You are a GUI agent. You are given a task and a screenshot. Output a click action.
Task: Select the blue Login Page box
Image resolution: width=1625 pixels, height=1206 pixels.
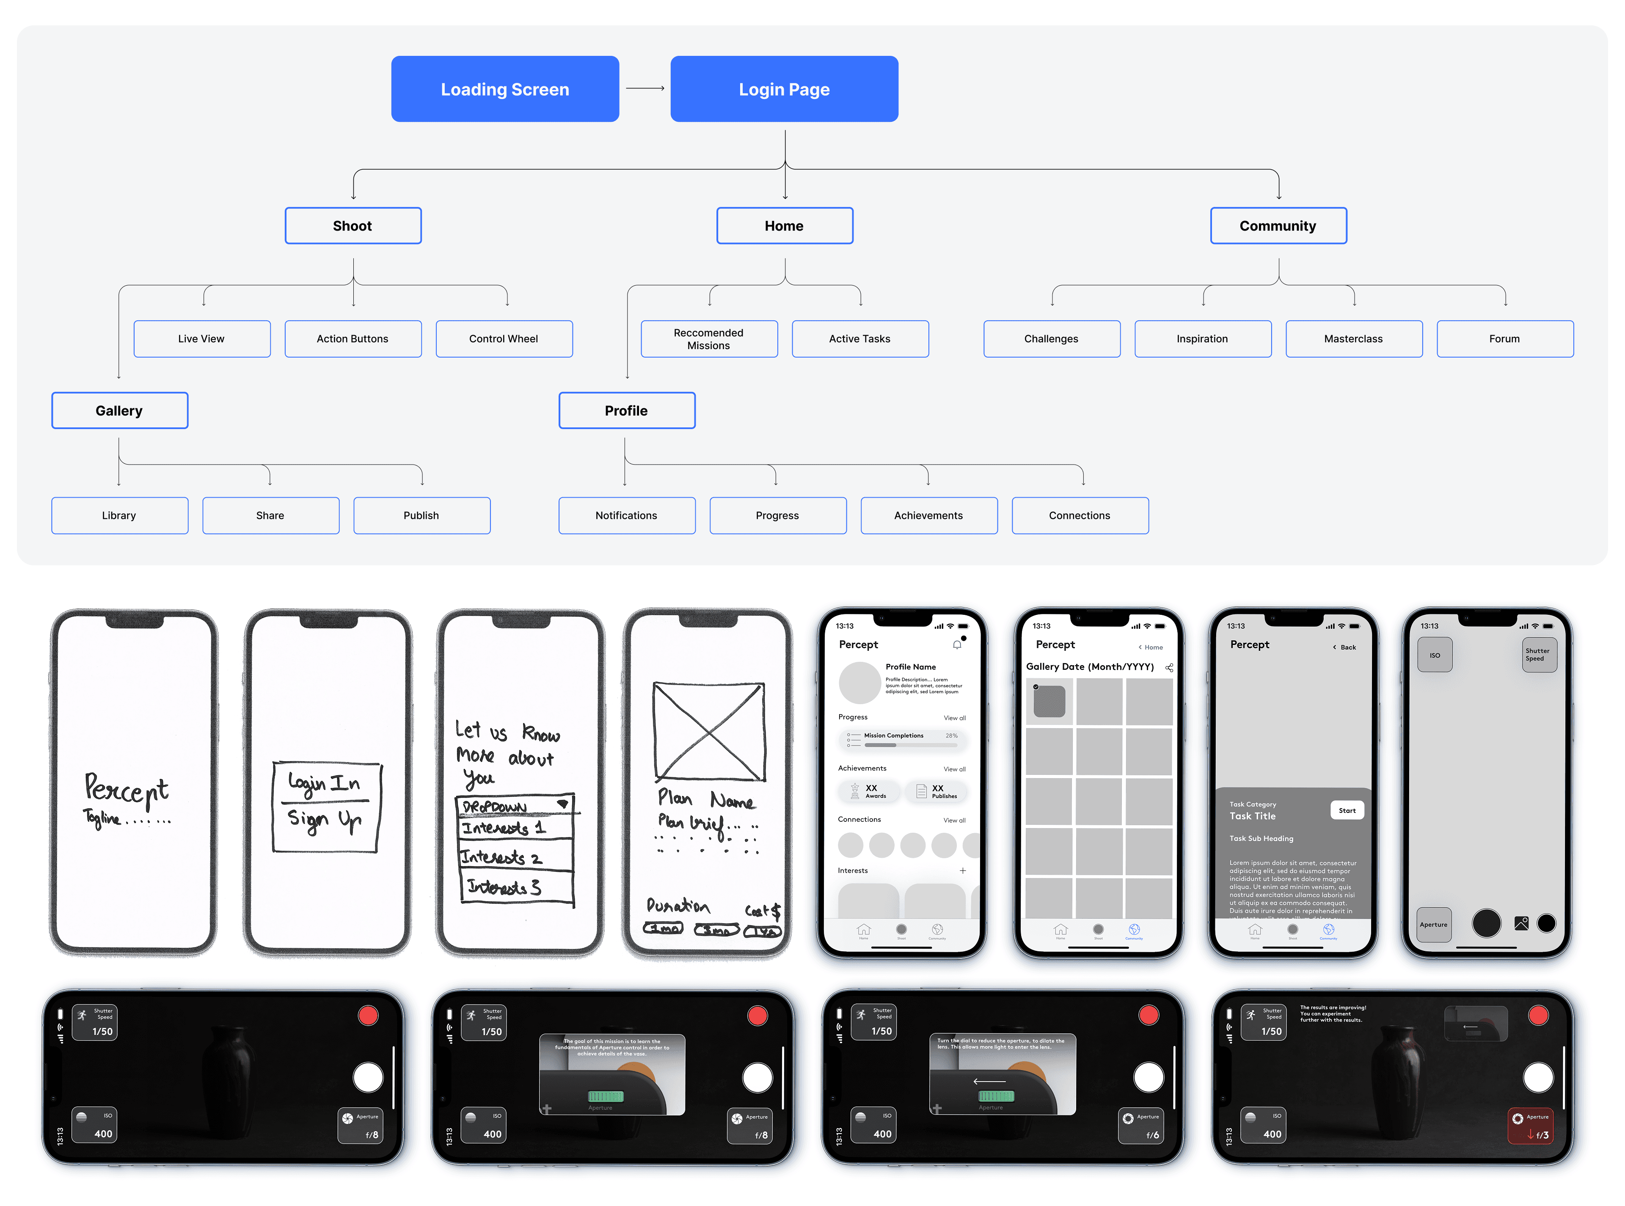784,89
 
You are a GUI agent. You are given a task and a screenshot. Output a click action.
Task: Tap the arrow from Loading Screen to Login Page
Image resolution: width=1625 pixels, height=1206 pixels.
645,88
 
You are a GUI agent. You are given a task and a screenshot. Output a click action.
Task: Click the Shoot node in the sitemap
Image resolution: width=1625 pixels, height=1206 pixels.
353,226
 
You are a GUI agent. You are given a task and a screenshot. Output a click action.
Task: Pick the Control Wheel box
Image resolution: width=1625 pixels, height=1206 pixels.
504,339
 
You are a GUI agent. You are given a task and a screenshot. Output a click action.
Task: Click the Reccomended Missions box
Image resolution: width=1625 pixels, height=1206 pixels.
709,339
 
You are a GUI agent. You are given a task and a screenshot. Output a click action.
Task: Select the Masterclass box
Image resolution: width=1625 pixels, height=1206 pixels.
1353,339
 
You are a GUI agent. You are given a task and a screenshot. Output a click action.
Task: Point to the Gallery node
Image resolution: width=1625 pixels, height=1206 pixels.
119,410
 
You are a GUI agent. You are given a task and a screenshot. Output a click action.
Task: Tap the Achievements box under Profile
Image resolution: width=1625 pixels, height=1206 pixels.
928,515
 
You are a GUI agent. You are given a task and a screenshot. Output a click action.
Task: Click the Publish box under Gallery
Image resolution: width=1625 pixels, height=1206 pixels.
421,515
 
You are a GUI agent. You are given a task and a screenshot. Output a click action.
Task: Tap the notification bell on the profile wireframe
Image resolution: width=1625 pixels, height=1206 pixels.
957,644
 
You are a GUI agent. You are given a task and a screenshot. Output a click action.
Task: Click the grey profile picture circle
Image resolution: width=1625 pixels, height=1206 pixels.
859,683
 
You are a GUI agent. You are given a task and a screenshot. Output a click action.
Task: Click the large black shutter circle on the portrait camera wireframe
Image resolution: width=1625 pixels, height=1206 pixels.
1486,923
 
